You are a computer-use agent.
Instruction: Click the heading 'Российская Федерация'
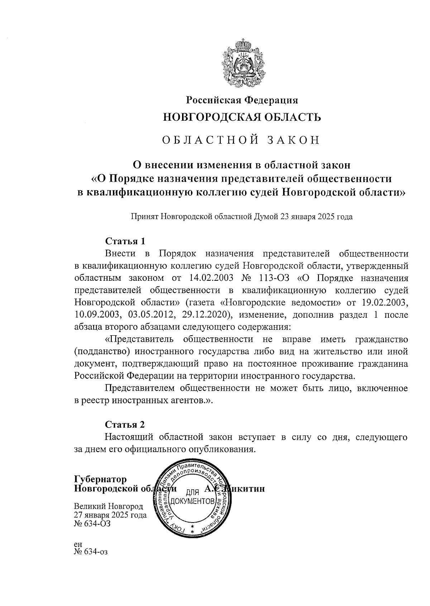tap(242, 101)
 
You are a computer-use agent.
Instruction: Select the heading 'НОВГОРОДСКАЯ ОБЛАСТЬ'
tap(242, 117)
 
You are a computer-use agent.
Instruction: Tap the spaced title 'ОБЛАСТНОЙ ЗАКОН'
tap(241, 140)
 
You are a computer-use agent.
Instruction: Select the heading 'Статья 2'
tap(125, 424)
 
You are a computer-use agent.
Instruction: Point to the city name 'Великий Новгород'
tap(109, 506)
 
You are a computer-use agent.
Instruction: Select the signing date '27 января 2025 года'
tap(110, 515)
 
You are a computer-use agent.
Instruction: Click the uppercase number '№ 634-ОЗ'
tap(92, 524)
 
